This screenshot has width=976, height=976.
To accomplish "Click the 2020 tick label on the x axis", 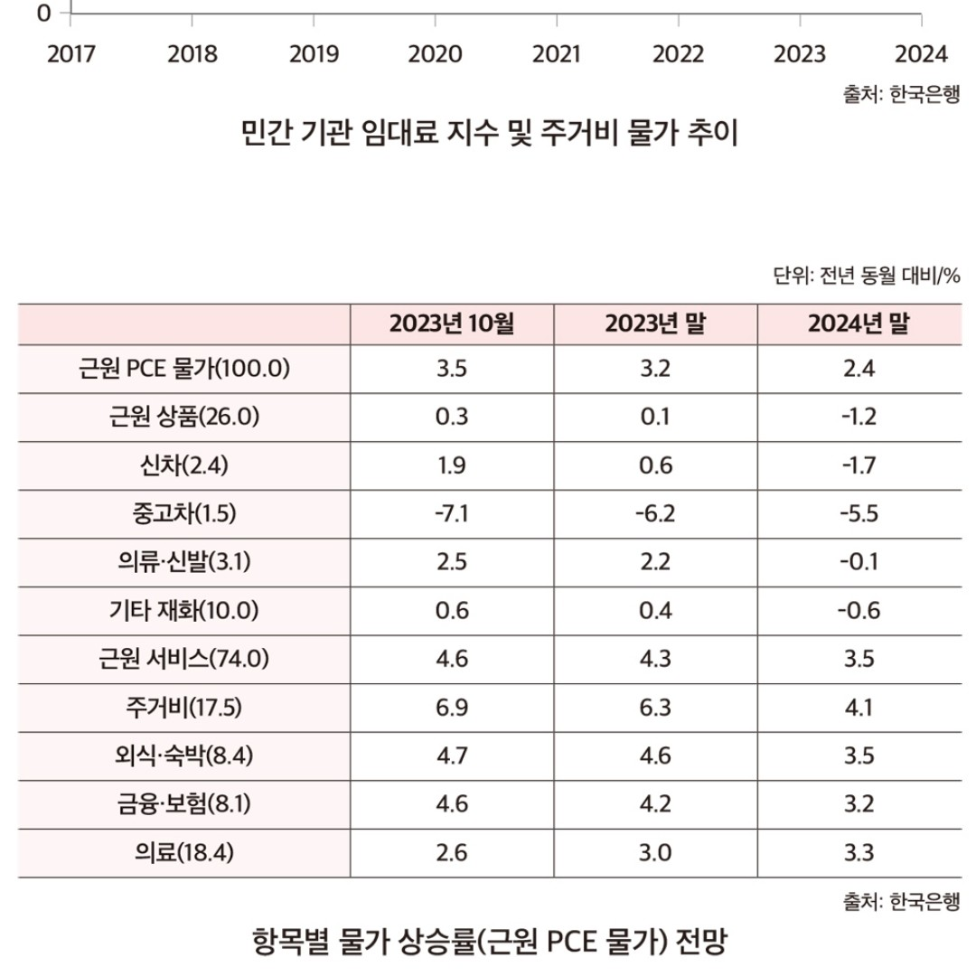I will click(x=436, y=54).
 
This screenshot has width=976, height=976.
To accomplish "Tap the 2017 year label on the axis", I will click(x=71, y=54).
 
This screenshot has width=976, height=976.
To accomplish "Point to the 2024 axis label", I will click(x=921, y=54).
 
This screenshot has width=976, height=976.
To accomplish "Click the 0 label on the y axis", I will click(x=43, y=14).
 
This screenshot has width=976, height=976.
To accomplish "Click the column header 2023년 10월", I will click(x=452, y=324).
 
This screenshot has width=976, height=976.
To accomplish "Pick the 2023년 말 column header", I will click(x=654, y=324).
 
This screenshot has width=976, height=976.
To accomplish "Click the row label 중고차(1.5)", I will click(x=184, y=514).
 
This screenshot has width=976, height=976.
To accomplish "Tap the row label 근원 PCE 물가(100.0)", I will click(x=184, y=369).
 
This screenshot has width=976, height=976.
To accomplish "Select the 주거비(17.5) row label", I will click(x=184, y=708).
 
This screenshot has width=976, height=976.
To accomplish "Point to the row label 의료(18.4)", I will click(x=184, y=852).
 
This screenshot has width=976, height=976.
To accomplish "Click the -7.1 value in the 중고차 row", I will click(x=452, y=514).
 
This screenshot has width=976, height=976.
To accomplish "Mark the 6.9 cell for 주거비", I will click(x=452, y=708).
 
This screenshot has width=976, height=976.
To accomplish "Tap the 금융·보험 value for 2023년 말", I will click(x=654, y=804).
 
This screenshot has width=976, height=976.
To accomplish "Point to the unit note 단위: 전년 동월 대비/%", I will click(x=867, y=276).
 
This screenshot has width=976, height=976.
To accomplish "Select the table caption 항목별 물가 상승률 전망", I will click(x=488, y=943).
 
